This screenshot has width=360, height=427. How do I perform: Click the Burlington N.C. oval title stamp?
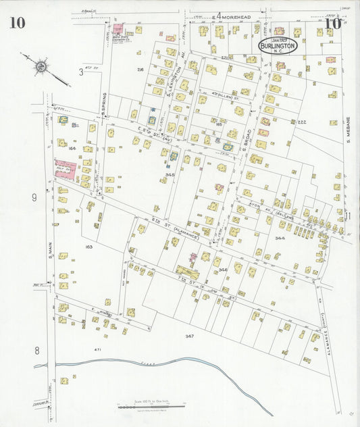pos(277,46)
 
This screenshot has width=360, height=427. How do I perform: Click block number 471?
pos(97,349)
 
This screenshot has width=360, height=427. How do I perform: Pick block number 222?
pos(302,122)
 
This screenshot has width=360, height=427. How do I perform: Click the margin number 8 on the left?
pos(37,350)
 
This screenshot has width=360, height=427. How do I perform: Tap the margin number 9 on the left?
pos(33,197)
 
